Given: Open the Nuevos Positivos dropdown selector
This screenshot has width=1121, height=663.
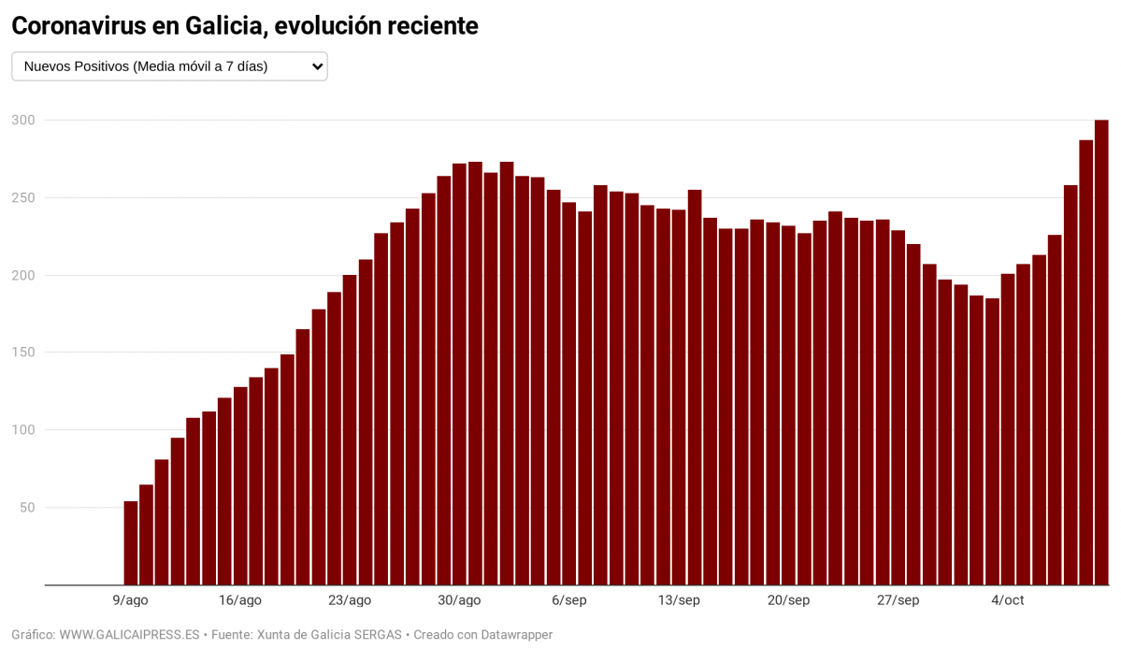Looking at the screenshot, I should tap(169, 66).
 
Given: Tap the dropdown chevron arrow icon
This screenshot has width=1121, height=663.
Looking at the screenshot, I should tap(317, 66).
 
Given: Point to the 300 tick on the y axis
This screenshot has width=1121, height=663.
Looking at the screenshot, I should tap(23, 121).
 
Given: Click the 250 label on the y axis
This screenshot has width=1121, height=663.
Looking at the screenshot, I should tap(23, 198).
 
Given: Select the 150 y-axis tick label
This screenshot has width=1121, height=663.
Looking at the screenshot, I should tap(23, 353).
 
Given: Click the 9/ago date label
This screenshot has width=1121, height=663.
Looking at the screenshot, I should tap(131, 600).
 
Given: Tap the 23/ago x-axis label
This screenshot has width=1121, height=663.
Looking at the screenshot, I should tap(350, 600).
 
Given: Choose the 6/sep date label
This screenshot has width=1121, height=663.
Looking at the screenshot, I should tap(568, 600).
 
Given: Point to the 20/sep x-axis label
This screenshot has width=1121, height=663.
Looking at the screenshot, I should tap(787, 600).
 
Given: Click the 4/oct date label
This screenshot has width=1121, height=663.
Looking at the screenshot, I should tap(1007, 600).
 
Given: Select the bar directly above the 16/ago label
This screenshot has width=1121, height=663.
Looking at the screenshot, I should tap(240, 486).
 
